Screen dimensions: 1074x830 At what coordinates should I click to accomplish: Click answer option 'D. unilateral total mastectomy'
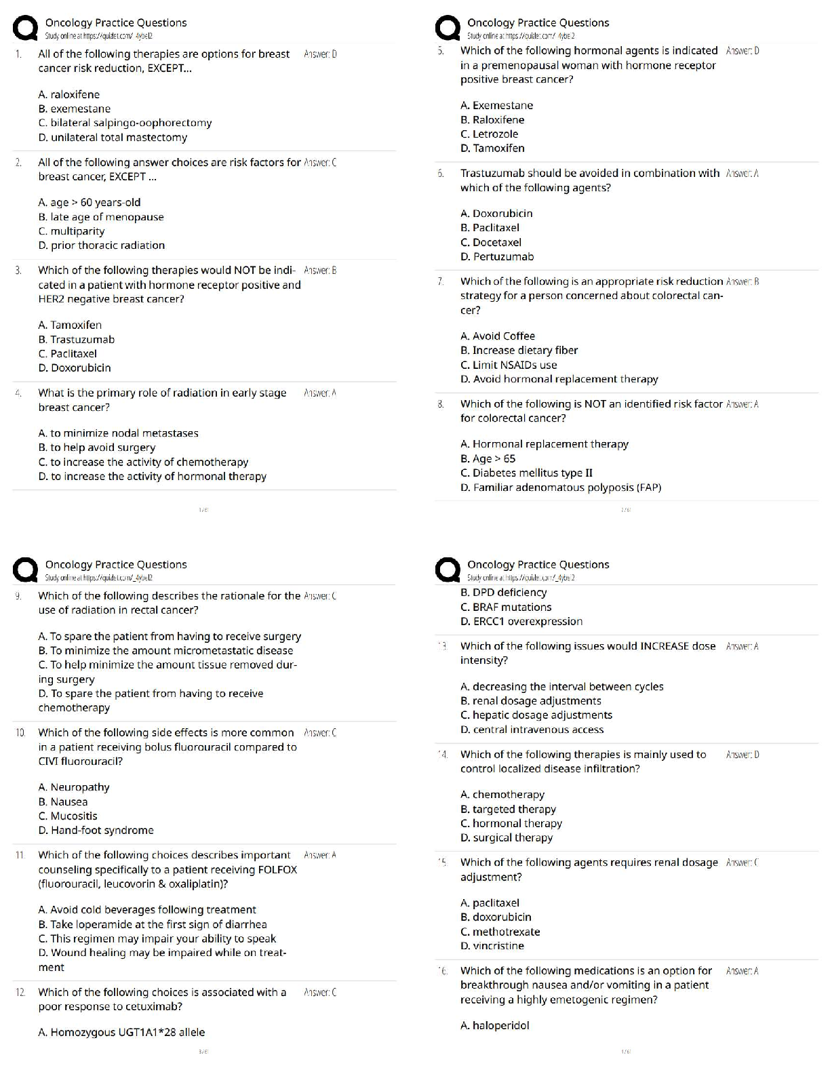113,138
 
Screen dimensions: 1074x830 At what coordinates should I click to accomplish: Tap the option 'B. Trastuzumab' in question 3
77,340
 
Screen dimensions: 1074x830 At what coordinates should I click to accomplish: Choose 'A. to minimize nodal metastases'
119,433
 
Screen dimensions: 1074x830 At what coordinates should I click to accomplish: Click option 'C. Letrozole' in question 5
489,134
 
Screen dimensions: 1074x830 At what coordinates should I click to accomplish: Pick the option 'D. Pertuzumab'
497,257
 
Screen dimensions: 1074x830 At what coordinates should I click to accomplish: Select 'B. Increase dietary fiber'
519,351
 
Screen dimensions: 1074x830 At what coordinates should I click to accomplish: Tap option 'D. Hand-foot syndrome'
96,831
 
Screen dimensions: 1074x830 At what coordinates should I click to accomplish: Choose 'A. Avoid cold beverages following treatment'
147,910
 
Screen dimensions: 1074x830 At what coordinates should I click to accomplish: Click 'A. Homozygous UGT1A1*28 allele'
121,1033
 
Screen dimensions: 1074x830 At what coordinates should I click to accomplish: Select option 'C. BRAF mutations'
506,608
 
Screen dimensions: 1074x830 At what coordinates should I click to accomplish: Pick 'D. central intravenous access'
532,730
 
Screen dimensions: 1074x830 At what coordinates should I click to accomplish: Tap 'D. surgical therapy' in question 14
506,838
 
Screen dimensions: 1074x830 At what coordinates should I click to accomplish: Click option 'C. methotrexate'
500,932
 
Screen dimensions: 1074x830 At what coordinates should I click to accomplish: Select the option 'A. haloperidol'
494,1026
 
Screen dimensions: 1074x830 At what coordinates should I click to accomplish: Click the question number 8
441,404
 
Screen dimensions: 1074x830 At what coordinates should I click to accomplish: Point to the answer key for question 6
742,174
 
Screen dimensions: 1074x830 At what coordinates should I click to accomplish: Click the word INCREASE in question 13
665,646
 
